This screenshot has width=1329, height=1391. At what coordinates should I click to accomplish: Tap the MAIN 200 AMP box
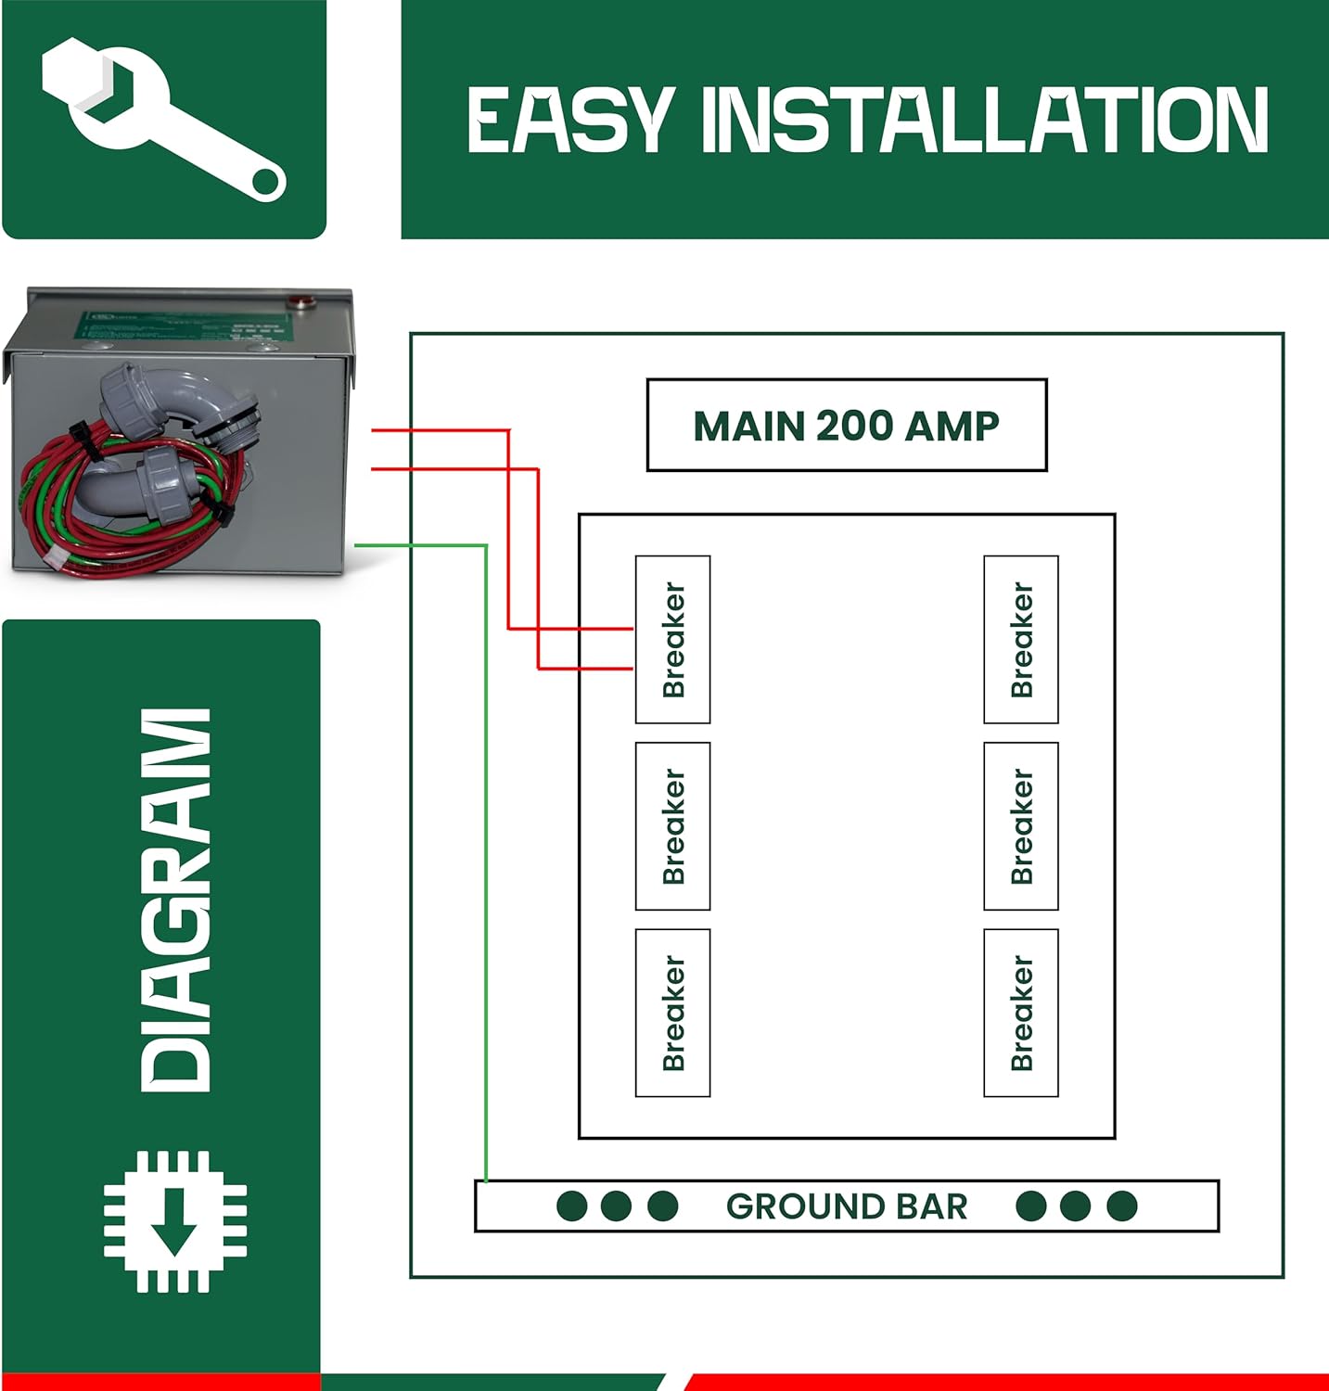pos(846,425)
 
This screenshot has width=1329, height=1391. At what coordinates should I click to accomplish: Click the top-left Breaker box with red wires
pos(672,639)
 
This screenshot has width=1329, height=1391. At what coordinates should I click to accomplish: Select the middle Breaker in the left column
pos(672,825)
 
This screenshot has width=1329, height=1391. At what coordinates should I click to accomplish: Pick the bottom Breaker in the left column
pos(672,1013)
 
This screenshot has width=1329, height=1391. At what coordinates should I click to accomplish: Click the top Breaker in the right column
pos(1020,639)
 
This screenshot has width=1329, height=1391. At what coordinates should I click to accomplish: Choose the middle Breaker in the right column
pos(1020,825)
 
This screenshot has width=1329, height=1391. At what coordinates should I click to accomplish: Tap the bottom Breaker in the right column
pos(1020,1013)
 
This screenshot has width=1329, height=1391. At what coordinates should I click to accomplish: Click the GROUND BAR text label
pos(846,1206)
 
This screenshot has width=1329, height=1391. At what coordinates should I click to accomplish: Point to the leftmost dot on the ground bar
pos(571,1206)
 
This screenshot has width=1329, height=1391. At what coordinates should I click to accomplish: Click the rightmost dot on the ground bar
pos(1121,1206)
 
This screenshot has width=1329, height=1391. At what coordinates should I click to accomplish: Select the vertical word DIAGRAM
pos(175,899)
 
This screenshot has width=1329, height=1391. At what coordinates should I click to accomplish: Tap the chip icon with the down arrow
pos(175,1221)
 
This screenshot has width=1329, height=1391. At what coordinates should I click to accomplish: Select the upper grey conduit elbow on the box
pos(176,394)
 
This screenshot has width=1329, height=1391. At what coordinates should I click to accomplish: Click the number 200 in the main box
pos(852,425)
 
